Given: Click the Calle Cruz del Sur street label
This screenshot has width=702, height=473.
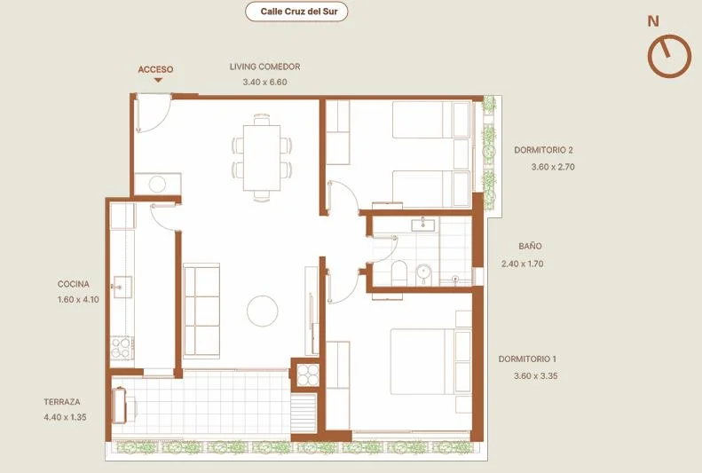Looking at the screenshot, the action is pos(296,12).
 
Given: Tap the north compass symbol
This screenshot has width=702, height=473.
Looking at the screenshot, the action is pos(669,56).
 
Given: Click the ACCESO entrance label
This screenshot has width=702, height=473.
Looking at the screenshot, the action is pos(155,69).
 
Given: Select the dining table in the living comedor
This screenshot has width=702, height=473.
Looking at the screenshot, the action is pos(262,158).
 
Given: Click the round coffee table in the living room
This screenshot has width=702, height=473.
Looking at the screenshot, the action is pos(263,311).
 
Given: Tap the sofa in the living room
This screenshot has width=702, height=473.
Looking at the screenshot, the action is pos(201,311).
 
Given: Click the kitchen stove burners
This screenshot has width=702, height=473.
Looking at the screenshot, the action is pos(122,348).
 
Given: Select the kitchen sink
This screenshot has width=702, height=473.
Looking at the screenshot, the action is pos(122,287).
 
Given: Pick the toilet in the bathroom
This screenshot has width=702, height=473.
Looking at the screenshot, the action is pos(398,273).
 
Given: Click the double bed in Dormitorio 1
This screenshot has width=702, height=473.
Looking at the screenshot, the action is pos(430,362).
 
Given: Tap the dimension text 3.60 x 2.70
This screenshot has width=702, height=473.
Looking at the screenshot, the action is pos(553,167).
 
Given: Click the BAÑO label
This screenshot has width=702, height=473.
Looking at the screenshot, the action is pos(530,246).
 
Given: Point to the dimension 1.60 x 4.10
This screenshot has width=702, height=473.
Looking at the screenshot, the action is pos(78,299).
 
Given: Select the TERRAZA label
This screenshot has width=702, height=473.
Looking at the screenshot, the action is pos(62,402).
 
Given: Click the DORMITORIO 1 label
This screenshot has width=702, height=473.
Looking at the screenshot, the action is pos(527,359).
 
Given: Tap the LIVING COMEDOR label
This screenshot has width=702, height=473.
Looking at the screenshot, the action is pos(265,67).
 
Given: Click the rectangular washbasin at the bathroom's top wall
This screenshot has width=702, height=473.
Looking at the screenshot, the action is pos(422,225).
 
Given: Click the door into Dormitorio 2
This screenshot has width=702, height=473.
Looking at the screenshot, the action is pos(343,198).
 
